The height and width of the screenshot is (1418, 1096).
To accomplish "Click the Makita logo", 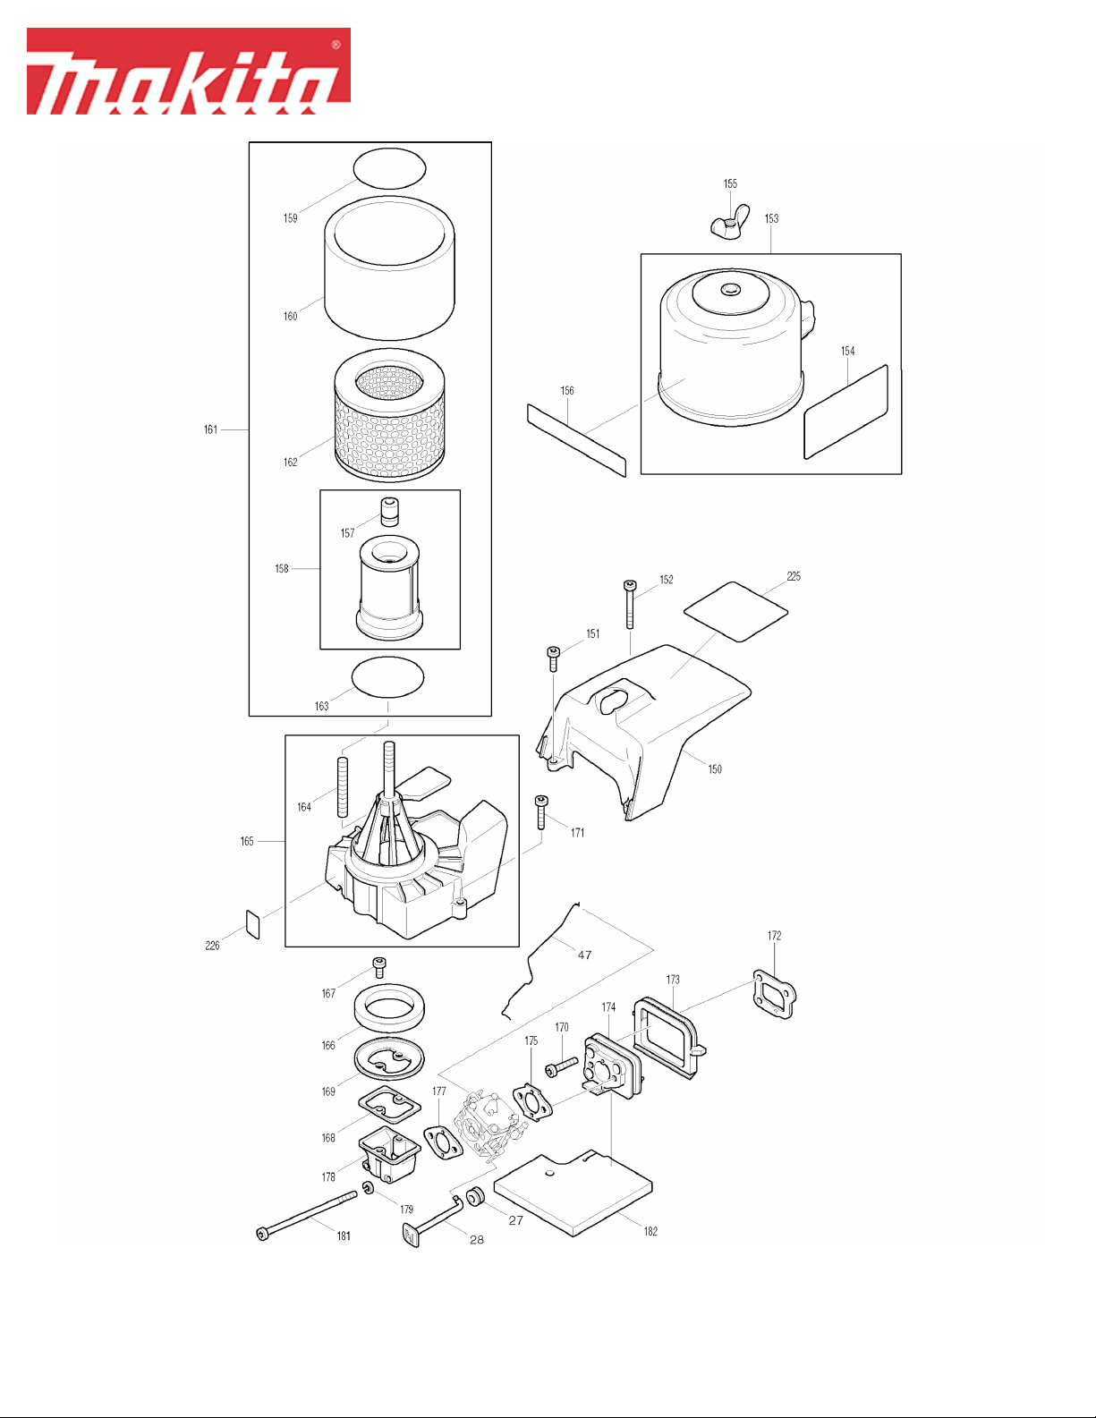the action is click(189, 72).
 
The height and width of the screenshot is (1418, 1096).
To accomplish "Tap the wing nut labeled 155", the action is click(729, 224).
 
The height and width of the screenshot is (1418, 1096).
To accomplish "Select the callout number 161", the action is click(211, 429).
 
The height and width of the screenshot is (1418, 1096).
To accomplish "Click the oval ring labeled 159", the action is click(389, 168).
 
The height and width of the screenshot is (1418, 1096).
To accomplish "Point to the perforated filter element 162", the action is click(389, 415).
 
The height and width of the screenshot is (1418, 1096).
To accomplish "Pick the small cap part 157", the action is click(389, 512).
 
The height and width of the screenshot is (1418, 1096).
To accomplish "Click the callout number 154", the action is click(847, 351).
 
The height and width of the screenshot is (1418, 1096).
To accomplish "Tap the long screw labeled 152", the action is click(630, 604).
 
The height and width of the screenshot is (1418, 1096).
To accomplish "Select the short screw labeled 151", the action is click(553, 658).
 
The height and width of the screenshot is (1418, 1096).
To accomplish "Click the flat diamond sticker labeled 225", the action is click(735, 611).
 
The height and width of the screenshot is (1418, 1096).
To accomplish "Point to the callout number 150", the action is click(715, 769).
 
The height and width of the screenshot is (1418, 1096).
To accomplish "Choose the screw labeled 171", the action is click(540, 811).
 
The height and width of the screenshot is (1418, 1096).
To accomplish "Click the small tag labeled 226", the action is click(252, 925).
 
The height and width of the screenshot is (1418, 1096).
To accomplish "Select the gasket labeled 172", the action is click(775, 994).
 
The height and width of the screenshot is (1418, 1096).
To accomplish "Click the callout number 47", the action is click(584, 955).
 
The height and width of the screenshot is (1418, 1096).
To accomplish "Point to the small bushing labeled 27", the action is click(476, 1198).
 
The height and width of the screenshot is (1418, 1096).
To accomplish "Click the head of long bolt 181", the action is click(263, 1234).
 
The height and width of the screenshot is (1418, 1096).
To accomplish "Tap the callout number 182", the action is click(650, 1231).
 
